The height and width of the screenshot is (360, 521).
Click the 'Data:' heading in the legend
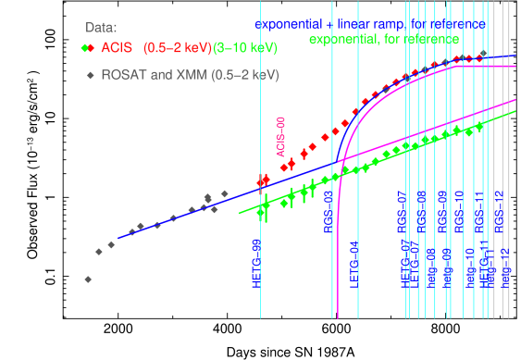100,28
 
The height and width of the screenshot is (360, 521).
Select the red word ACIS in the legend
117,47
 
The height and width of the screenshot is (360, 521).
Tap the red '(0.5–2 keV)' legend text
177,47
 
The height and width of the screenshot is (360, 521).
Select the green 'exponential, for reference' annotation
383,40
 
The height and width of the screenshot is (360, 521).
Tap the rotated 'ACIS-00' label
281,135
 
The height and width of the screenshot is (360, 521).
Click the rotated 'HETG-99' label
256,261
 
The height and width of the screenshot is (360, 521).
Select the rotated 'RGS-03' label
328,212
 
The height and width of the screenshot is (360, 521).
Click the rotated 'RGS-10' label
459,209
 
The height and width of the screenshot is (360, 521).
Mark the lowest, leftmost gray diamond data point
88,279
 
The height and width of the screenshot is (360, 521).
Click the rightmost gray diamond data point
225,193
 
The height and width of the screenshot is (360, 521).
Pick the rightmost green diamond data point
479,129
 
